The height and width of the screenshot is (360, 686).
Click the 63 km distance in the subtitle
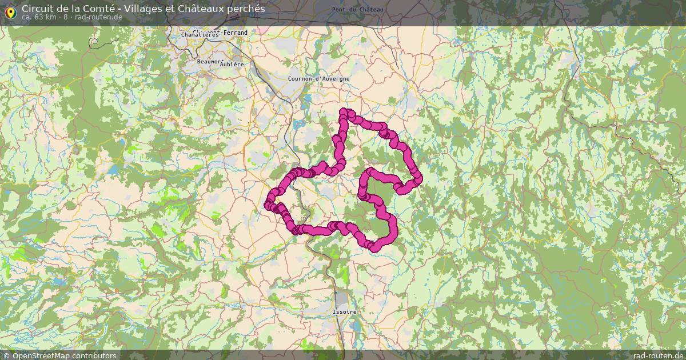coord(45,17)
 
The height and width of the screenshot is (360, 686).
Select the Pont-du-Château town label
coord(357,10)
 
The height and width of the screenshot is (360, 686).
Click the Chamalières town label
coord(200,35)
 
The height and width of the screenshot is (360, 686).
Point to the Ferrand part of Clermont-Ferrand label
coord(236,33)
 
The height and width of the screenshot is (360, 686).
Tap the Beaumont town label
coord(210,61)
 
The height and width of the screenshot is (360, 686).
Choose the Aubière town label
coord(232,65)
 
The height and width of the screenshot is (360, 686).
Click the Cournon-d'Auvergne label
coord(318,79)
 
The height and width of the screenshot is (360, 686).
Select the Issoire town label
coord(344,312)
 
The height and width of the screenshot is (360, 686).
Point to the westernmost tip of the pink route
coord(267,205)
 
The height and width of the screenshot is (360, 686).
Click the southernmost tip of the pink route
coord(374,249)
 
